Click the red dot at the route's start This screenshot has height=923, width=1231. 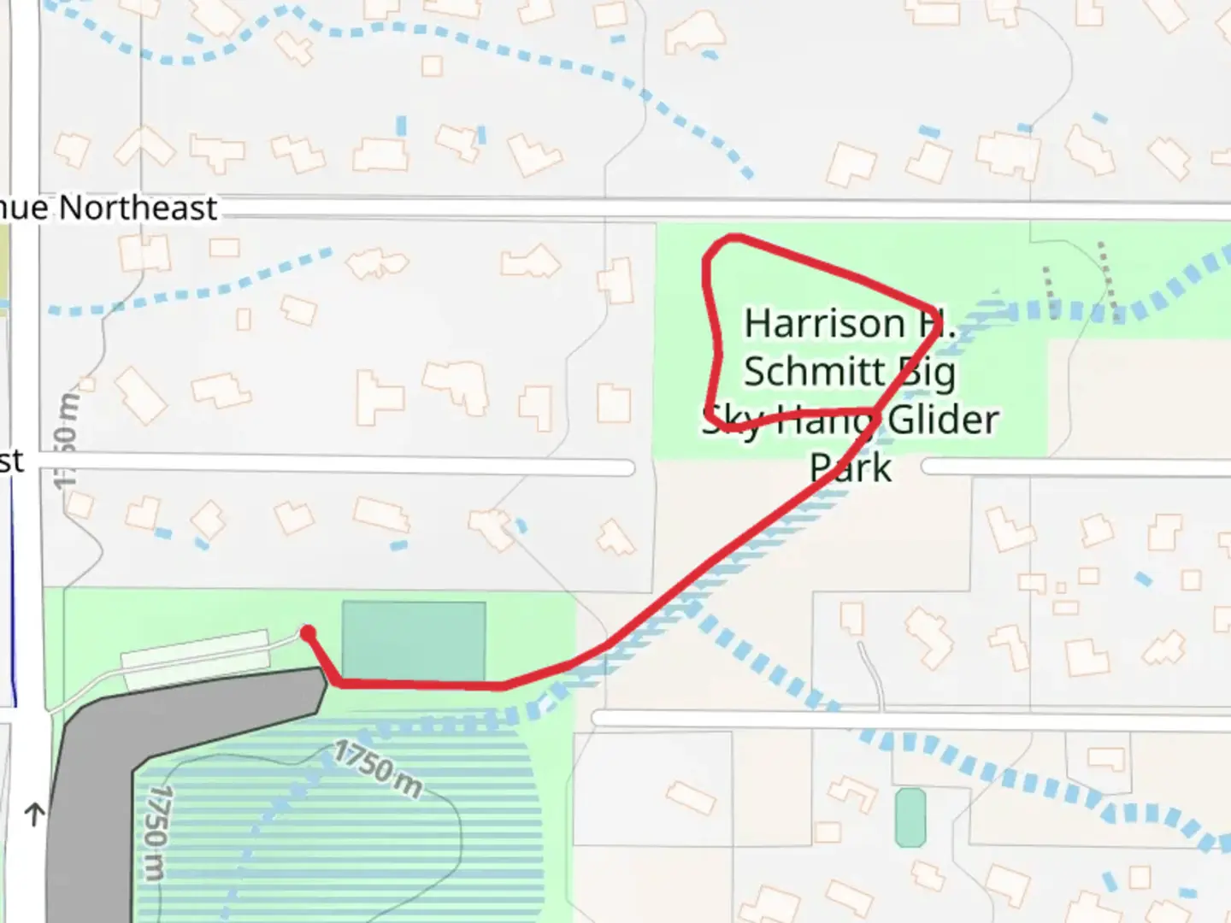[x=308, y=633]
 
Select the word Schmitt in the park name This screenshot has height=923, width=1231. [x=814, y=372]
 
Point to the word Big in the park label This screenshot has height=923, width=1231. [x=928, y=373]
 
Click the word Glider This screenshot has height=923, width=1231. [x=943, y=420]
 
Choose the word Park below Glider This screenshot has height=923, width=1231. [x=851, y=468]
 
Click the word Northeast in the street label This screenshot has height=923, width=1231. [x=138, y=209]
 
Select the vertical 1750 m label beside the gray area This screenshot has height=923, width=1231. [x=154, y=833]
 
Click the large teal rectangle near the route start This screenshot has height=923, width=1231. [x=414, y=641]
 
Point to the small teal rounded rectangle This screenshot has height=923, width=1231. [x=910, y=818]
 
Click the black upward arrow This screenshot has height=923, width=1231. [x=34, y=814]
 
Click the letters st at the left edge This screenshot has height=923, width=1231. [x=12, y=462]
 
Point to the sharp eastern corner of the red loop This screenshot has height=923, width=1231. [x=937, y=311]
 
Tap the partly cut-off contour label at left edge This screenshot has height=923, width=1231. [x=67, y=440]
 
